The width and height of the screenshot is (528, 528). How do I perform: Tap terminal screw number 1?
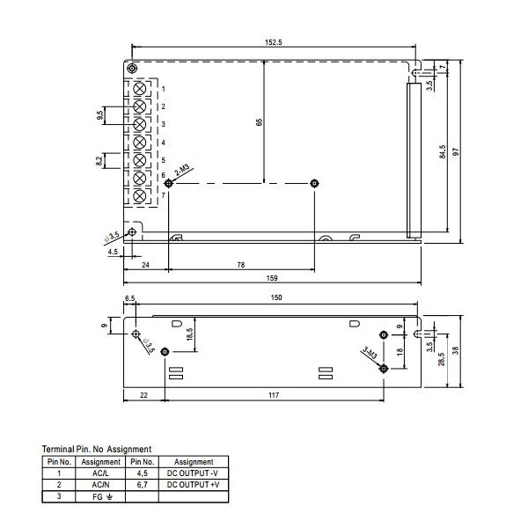point(140,89)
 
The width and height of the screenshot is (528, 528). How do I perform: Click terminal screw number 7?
point(140,194)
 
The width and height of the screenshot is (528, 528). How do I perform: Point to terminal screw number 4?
point(140,142)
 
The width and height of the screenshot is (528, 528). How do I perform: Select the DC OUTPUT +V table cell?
point(194,484)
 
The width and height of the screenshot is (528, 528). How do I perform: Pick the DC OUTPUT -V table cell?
point(194,473)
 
